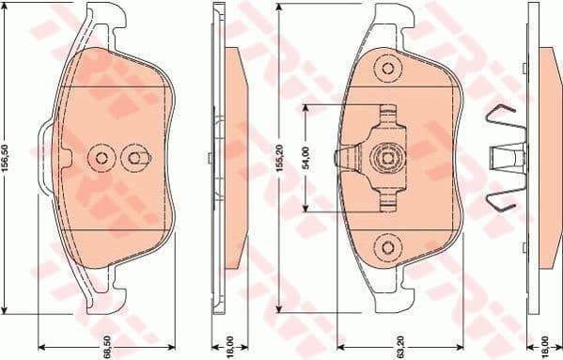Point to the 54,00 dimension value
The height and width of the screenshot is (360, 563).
305,158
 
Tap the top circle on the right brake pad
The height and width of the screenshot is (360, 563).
387,67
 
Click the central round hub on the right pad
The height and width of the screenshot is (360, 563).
386,157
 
